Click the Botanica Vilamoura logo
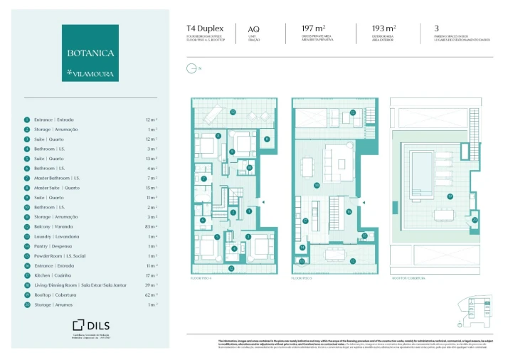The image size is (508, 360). [90, 54]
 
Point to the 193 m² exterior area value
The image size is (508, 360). [384, 29]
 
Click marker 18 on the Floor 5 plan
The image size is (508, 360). [317, 186]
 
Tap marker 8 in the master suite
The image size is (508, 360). [218, 135]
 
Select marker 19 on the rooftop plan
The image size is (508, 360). [449, 196]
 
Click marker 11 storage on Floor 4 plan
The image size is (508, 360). [266, 139]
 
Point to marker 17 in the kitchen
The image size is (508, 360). [305, 221]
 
